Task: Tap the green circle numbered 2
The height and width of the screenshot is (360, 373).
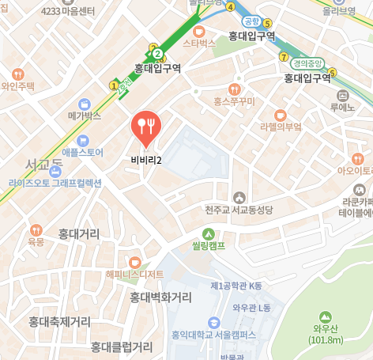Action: (157, 54)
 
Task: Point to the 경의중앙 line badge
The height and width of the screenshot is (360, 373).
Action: (308, 64)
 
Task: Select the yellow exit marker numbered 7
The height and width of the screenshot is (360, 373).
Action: (284, 57)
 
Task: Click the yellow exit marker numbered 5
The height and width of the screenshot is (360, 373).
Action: (267, 23)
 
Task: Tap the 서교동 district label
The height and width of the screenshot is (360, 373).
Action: (44, 165)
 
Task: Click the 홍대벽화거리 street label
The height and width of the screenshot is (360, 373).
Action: (160, 297)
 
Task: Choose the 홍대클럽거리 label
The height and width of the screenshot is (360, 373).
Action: (121, 347)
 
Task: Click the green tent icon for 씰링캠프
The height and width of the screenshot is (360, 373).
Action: (208, 233)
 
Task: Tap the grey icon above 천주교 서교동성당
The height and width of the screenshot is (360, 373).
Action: (238, 197)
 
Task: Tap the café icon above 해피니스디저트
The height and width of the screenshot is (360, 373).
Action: (134, 261)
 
